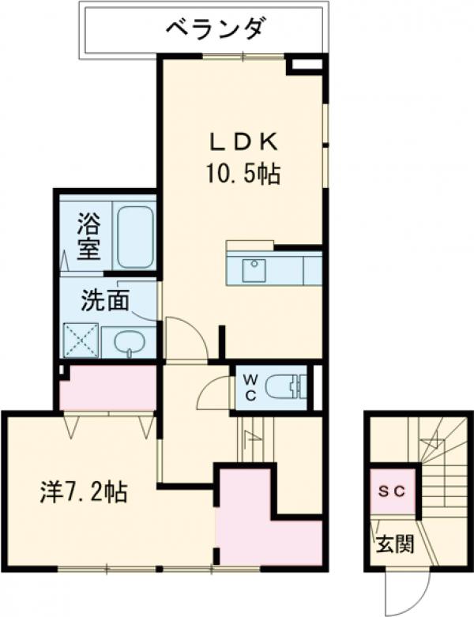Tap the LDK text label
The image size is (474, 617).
(243, 142)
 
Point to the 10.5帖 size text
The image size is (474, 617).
(243, 174)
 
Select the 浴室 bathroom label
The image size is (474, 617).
(88, 235)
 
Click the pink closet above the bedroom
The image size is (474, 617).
(107, 388)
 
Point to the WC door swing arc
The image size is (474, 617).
(213, 393)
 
